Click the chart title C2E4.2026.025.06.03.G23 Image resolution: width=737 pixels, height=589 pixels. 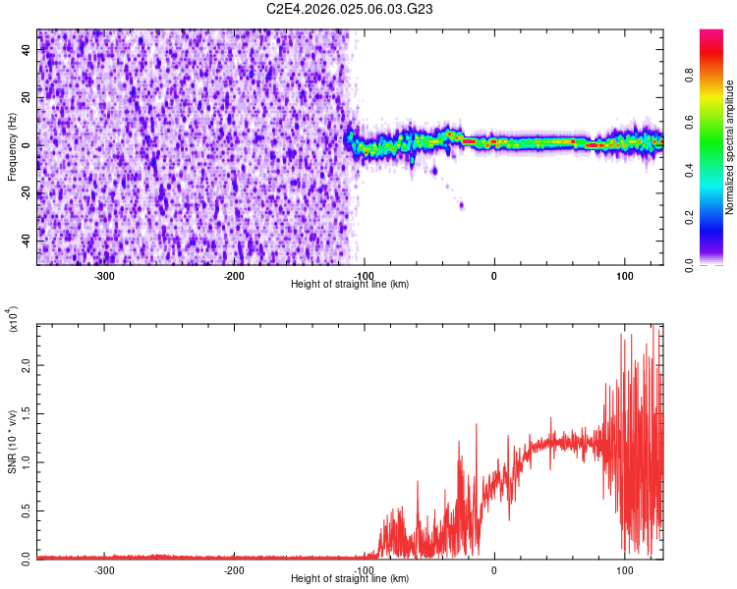pyautogui.click(x=350, y=9)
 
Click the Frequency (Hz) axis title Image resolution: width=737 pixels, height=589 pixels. pyautogui.click(x=12, y=147)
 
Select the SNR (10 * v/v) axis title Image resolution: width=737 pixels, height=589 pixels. pyautogui.click(x=12, y=442)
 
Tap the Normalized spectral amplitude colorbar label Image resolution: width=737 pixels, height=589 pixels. pyautogui.click(x=730, y=147)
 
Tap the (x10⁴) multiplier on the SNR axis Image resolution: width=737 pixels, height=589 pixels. pyautogui.click(x=14, y=320)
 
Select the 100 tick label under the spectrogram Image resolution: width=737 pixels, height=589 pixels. pyautogui.click(x=623, y=276)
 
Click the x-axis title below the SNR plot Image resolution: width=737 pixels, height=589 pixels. pyautogui.click(x=350, y=579)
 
